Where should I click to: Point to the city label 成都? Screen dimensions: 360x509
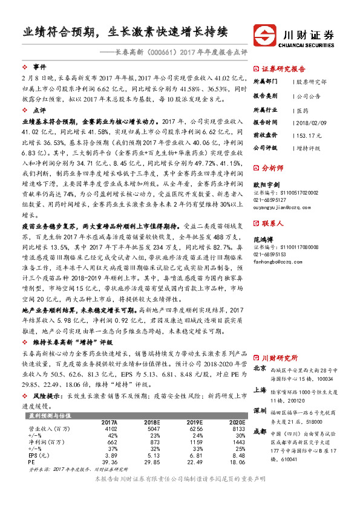pyautogui.click(x=259, y=432)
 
